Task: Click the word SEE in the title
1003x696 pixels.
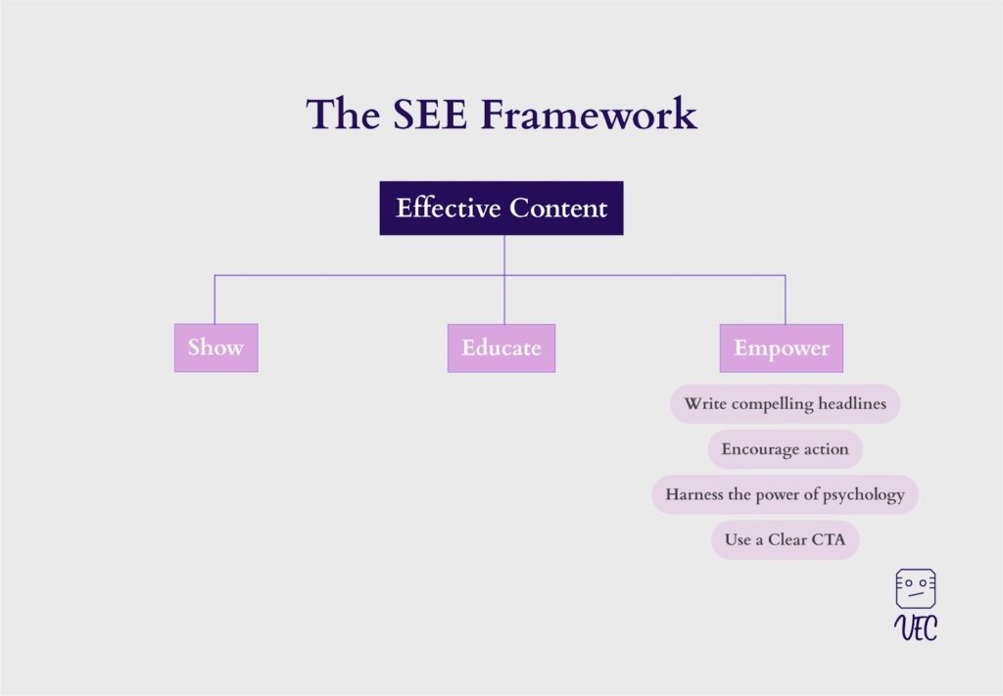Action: click(430, 115)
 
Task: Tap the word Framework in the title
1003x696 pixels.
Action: click(589, 115)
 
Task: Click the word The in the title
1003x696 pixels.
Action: click(343, 115)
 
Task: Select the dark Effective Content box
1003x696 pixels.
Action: click(501, 209)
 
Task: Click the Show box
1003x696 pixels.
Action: click(216, 348)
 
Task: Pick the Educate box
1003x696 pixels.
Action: click(501, 348)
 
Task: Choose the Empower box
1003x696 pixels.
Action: click(781, 348)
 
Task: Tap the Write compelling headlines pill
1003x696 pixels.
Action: click(785, 404)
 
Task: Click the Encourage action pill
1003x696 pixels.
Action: click(785, 449)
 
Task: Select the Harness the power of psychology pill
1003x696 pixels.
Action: click(785, 494)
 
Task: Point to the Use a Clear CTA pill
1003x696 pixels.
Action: click(785, 540)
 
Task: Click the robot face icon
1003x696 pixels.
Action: click(916, 588)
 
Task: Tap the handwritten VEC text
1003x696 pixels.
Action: click(916, 627)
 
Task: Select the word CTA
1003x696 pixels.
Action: click(829, 540)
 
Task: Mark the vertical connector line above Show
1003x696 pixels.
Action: click(215, 300)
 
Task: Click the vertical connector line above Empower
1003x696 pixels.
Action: click(785, 300)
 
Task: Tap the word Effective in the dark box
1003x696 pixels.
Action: click(449, 209)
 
